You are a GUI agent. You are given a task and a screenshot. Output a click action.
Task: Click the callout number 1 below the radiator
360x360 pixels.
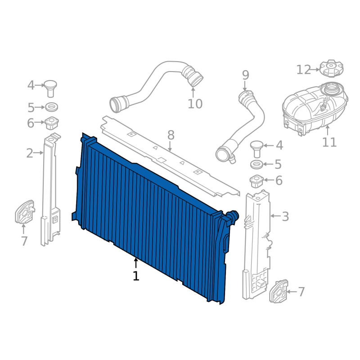coord(136,276)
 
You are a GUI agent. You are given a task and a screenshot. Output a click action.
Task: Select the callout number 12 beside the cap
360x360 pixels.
coord(303,70)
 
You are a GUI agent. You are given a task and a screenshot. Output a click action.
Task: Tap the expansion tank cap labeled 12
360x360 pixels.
coord(331,69)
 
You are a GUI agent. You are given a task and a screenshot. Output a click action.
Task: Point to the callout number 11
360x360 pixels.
coord(329,142)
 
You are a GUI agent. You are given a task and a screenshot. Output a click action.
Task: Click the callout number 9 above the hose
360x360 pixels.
coord(245,75)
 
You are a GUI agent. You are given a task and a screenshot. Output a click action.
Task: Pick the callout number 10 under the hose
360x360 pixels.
coord(195,104)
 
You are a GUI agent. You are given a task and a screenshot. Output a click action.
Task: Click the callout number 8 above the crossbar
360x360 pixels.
coord(171,135)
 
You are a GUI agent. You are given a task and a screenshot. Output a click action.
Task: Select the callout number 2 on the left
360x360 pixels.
coord(30,153)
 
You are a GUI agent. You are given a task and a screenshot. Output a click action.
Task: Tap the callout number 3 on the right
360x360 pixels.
coord(285,216)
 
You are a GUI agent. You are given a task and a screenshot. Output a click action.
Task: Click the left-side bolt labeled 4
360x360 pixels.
coord(50,88)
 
